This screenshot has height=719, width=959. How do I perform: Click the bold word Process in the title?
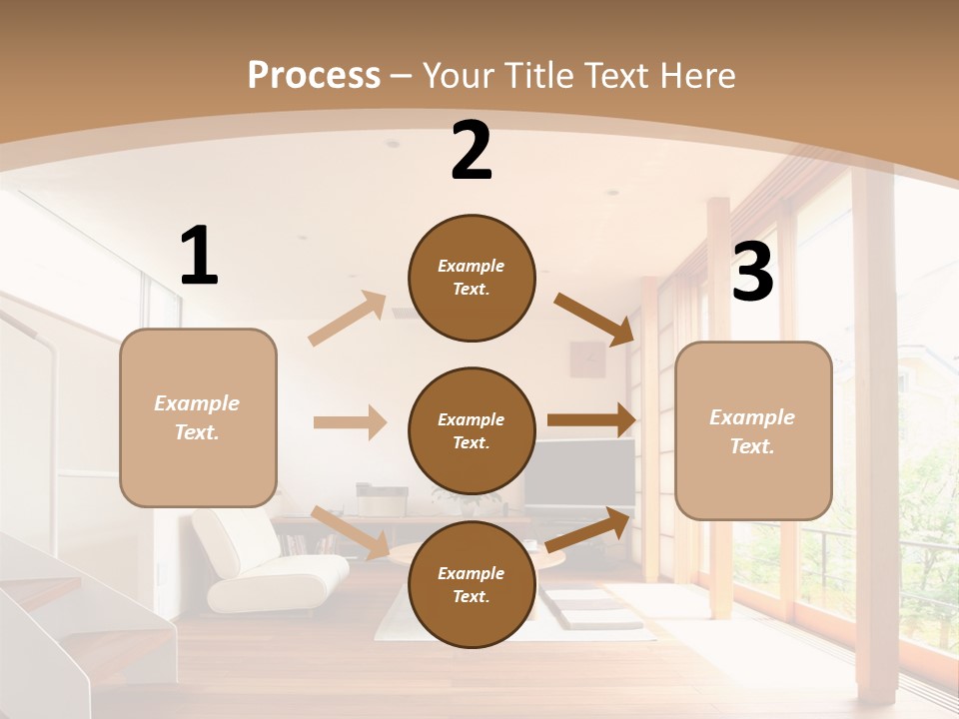314,75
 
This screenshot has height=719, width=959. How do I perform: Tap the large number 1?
199,256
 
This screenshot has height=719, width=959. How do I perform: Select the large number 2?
472,151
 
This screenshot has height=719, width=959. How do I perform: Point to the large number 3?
752,272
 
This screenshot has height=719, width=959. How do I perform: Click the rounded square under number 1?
198,417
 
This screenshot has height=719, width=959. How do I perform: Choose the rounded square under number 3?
753,430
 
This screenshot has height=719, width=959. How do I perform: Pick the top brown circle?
472,278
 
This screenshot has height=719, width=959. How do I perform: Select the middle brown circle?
472,430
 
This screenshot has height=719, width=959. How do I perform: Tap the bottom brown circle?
472,584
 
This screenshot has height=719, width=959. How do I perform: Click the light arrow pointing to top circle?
348,319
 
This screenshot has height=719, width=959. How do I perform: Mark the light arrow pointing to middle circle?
350,422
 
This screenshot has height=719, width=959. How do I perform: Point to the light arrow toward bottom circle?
350,532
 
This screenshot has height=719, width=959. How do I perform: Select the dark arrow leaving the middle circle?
591,420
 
